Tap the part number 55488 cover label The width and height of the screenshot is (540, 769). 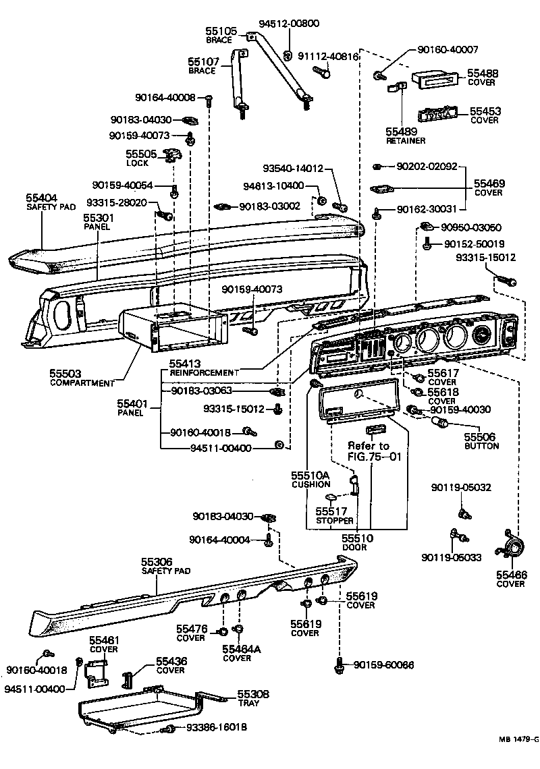(483, 73)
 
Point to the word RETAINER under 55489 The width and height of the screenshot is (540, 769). (406, 141)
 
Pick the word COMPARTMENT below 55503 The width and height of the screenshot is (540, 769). (82, 383)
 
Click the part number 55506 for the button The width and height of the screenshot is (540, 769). (481, 436)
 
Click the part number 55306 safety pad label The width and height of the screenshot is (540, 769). (157, 561)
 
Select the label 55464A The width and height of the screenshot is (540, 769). (241, 649)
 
